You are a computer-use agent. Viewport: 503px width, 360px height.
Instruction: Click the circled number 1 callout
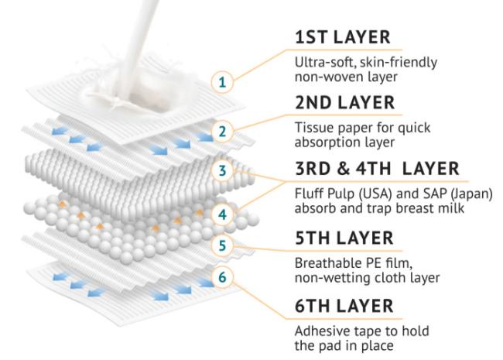tap(222, 83)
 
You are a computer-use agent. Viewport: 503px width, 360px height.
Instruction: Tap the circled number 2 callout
tap(222, 132)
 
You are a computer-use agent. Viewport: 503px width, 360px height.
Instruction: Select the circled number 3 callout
tap(222, 170)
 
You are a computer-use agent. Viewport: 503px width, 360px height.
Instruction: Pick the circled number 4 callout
tap(222, 214)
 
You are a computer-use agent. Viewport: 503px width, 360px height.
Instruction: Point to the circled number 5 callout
tap(222, 245)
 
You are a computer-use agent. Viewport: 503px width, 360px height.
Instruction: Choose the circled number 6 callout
tap(222, 276)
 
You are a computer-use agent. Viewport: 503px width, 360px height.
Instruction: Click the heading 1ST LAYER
tap(343, 37)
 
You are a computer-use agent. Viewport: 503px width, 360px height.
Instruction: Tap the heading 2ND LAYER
tap(345, 103)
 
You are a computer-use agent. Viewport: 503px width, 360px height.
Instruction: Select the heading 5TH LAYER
tap(344, 238)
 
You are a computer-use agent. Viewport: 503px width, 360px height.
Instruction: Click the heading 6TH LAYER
tap(344, 306)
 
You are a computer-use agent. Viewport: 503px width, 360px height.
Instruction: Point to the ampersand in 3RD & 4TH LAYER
tap(343, 169)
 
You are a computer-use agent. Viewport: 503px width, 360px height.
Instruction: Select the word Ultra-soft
tap(325, 62)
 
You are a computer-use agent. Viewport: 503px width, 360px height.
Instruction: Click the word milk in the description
tap(452, 208)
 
